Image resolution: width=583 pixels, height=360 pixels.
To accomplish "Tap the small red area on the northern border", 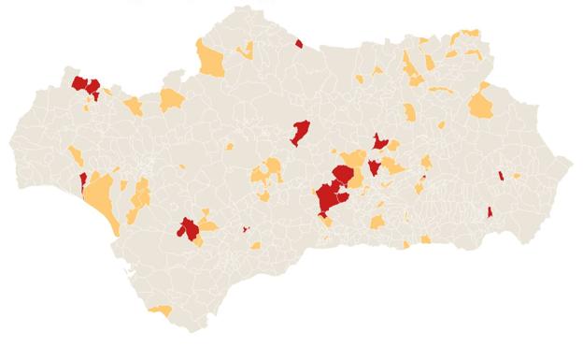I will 299,43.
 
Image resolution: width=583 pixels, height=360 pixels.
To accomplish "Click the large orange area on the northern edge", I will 211,60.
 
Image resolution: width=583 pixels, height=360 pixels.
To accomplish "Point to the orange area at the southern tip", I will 161,310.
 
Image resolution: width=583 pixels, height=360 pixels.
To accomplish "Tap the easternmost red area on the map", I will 502,175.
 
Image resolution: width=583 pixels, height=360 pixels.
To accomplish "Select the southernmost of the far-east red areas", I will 490,213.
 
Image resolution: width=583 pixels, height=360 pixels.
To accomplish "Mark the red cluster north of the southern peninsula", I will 188,228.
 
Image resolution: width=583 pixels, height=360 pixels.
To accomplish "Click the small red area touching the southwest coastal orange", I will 83,179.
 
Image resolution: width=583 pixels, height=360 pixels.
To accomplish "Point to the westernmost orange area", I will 75,155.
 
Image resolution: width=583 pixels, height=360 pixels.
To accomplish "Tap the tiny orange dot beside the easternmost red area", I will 516,176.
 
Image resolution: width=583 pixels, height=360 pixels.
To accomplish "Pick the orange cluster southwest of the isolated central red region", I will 268,172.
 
